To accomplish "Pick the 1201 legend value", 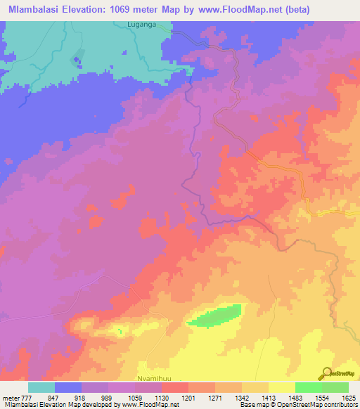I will pyautogui.click(x=188, y=397).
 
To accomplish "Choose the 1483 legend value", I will pyautogui.click(x=295, y=397).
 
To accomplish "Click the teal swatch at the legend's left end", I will pyautogui.click(x=41, y=387).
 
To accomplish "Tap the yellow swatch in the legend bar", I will pyautogui.click(x=281, y=387).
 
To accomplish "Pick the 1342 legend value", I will pyautogui.click(x=242, y=397).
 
